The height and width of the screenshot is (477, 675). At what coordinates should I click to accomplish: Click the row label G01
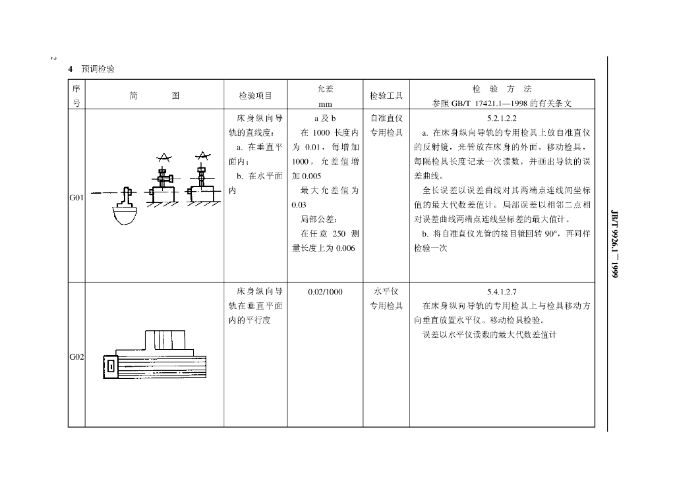coord(76,198)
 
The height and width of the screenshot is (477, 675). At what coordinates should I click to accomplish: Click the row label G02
coord(76,357)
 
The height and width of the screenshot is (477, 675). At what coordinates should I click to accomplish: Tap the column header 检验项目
coord(256,96)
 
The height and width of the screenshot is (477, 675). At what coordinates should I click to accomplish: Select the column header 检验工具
coord(386,96)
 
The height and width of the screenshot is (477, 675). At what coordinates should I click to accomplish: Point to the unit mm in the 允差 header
coord(326,104)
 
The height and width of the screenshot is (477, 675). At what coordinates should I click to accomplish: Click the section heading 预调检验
coord(98,69)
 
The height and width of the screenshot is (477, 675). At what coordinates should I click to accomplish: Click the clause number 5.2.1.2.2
coord(502,119)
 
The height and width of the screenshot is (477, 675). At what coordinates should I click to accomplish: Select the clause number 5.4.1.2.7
coord(502,292)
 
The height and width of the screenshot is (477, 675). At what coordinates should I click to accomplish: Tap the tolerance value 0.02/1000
coord(326,292)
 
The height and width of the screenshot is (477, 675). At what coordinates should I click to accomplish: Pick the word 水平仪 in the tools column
coord(386,292)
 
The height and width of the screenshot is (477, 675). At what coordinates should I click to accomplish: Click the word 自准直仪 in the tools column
coord(386,119)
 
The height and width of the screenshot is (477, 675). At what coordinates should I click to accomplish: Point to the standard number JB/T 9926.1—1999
coord(615,244)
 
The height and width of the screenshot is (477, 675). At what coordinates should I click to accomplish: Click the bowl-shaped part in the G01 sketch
coord(126,215)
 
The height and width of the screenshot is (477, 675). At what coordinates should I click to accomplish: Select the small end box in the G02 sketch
coord(111,367)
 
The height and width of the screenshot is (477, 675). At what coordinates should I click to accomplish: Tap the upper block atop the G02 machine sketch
coord(165,340)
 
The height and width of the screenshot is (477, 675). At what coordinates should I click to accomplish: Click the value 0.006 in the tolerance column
coord(345,248)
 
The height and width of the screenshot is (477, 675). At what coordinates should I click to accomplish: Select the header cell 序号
coord(76,96)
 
